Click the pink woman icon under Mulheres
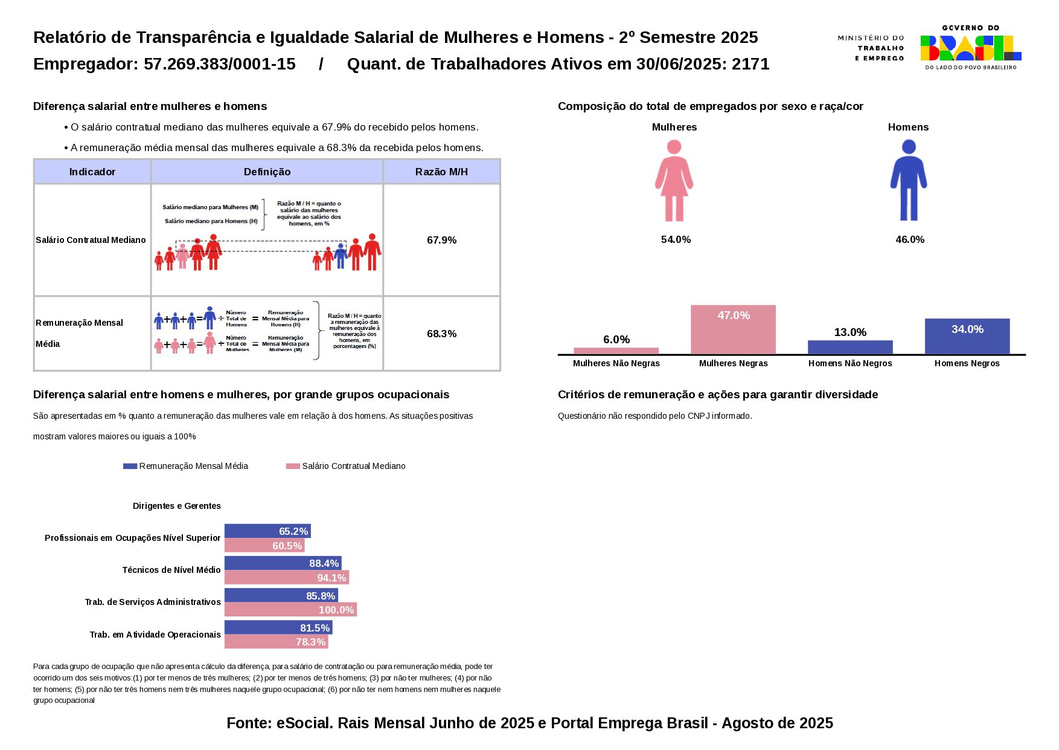(x=674, y=181)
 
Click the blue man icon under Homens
(x=908, y=181)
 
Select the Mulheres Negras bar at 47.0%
(x=733, y=329)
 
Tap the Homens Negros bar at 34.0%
(x=967, y=336)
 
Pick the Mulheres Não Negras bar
(x=616, y=351)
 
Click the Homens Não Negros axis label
(x=849, y=363)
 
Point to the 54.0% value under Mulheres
(x=676, y=240)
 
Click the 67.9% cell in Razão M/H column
(x=441, y=240)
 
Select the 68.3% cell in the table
(x=441, y=334)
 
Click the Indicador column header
(x=92, y=172)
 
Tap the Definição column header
(x=267, y=172)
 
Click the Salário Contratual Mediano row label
(x=91, y=240)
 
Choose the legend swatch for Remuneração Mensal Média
(x=130, y=466)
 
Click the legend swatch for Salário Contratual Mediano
(x=293, y=466)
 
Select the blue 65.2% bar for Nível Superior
(x=267, y=531)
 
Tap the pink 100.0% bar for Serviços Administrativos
(x=290, y=610)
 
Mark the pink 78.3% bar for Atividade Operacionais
(x=276, y=642)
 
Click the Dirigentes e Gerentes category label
(x=176, y=506)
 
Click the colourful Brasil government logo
(x=970, y=48)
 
